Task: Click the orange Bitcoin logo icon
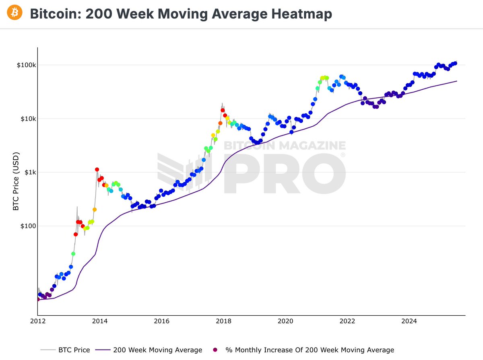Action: click(15, 13)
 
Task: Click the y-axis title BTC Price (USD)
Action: click(16, 181)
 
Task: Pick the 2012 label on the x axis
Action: click(38, 321)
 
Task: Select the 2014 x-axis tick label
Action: click(100, 321)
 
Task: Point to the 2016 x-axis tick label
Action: click(161, 321)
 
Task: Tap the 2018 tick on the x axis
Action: click(223, 321)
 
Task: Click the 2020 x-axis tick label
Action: click(285, 321)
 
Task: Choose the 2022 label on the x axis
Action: click(347, 321)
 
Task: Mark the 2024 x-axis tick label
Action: click(409, 321)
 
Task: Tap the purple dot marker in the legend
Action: click(216, 350)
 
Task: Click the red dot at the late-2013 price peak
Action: click(97, 170)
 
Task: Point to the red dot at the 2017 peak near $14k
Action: click(223, 110)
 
